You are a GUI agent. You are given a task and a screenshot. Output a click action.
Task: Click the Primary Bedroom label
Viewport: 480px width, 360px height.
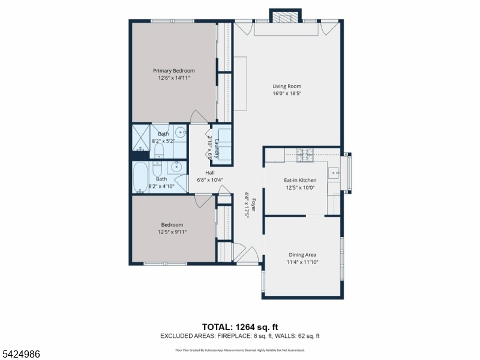pos(173,71)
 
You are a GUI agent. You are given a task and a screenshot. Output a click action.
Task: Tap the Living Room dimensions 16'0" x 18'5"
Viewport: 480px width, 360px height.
pos(286,93)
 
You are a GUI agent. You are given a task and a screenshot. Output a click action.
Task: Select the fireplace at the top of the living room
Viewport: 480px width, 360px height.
pos(285,16)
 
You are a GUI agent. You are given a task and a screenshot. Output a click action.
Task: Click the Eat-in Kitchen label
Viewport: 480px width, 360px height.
pos(299,180)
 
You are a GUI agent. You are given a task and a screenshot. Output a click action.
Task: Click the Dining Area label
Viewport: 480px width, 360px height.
pos(303,254)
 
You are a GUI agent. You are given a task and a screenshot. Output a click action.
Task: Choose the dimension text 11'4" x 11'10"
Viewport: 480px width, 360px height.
pos(303,262)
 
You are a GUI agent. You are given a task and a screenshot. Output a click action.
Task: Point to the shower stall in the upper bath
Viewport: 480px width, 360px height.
pos(141,136)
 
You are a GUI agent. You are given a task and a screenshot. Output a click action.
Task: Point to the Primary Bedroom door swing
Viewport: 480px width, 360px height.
pos(196,116)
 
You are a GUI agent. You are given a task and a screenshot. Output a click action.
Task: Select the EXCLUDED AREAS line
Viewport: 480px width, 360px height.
pos(239,336)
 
